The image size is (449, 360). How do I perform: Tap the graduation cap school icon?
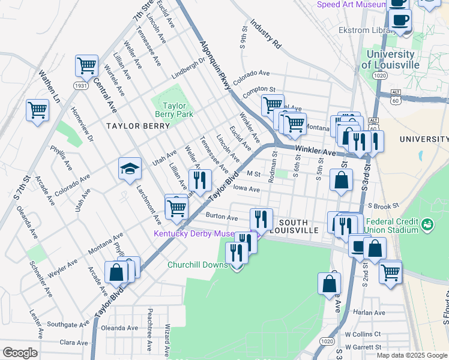pos(130,169)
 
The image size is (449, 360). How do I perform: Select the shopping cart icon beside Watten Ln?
pos(38,111)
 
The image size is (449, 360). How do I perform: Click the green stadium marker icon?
pos(427,225)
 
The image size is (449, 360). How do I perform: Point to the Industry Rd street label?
pos(265,34)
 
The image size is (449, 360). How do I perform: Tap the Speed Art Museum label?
pos(351,5)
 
